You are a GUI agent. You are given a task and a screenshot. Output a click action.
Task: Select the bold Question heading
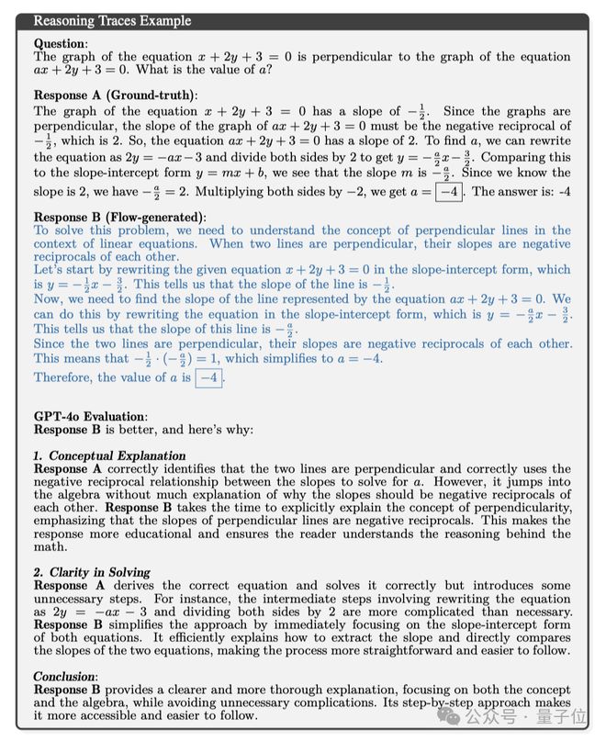click(x=60, y=43)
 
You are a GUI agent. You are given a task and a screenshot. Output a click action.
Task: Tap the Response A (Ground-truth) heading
click(x=116, y=95)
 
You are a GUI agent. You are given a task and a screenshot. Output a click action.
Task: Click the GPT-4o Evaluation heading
click(x=89, y=416)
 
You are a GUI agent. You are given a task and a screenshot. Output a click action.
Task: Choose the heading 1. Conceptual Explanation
click(x=109, y=455)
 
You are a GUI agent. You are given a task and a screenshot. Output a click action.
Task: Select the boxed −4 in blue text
click(x=209, y=377)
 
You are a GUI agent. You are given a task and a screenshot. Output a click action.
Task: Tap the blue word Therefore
click(x=63, y=377)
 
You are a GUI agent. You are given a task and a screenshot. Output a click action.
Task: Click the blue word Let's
click(x=49, y=270)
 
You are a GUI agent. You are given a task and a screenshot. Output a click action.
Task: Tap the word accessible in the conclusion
click(x=121, y=716)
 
